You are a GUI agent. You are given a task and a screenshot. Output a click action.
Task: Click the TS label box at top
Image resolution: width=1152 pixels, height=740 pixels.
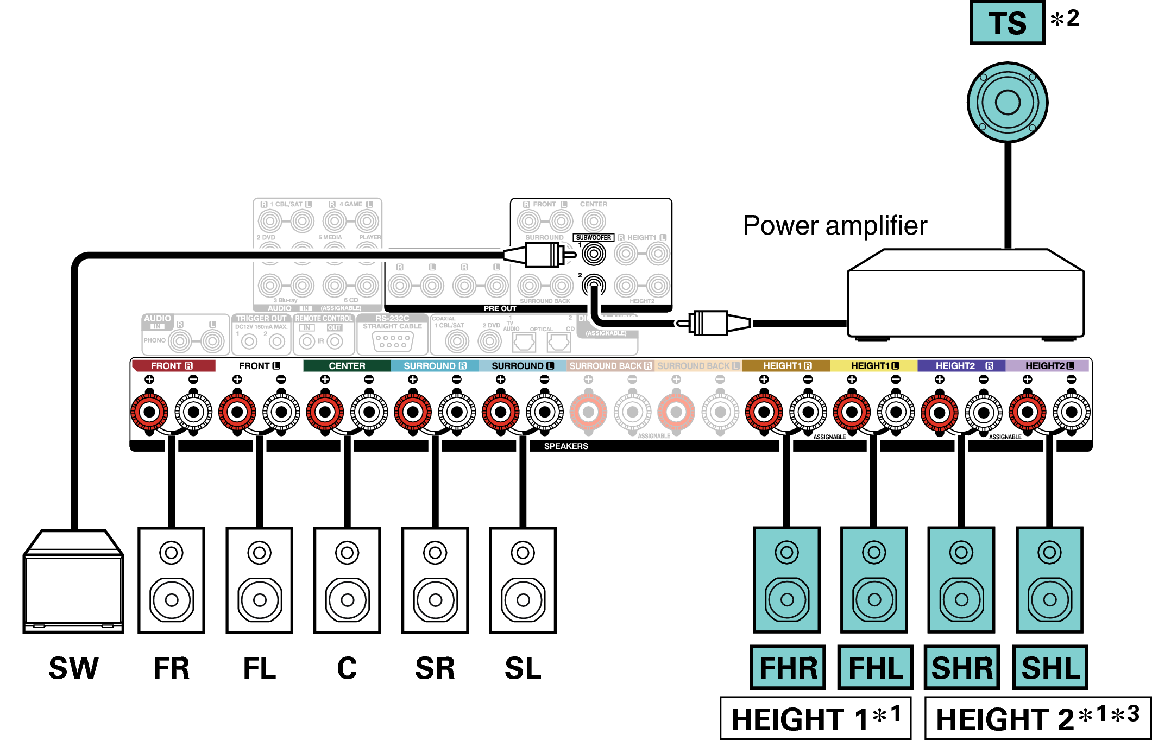[x=1007, y=23]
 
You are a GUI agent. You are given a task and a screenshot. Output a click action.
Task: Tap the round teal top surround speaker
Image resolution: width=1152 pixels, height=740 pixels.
[x=1008, y=103]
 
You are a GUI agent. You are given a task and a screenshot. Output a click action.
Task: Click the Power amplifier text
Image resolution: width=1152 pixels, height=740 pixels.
[x=835, y=225]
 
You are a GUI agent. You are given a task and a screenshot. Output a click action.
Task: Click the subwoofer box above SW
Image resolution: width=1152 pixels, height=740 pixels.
[x=73, y=581]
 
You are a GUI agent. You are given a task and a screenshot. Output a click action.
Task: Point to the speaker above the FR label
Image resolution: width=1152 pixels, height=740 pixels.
[x=171, y=580]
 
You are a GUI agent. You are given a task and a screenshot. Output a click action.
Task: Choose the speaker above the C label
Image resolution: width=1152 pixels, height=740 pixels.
[x=347, y=580]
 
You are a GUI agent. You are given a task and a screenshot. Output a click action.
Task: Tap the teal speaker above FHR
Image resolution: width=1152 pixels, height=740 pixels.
[x=786, y=580]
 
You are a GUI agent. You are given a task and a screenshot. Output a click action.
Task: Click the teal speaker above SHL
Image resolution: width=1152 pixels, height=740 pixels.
[x=1049, y=580]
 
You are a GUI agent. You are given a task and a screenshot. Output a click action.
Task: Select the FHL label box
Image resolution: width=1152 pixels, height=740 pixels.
[x=875, y=667]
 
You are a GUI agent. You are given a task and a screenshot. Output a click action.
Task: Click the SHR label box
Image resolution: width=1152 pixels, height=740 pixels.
[x=962, y=667]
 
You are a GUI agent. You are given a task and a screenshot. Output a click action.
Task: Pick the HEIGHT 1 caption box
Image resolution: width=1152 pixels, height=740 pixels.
[x=815, y=718]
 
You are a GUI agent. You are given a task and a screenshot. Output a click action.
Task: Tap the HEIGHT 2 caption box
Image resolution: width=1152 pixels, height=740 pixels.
[x=1037, y=718]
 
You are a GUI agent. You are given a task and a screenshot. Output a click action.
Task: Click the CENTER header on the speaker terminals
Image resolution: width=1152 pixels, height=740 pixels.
[x=347, y=366]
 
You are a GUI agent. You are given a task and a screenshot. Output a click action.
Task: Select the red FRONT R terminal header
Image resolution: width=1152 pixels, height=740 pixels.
[x=173, y=366]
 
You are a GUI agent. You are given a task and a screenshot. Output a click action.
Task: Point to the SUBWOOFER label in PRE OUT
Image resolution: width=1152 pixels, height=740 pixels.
[x=593, y=238]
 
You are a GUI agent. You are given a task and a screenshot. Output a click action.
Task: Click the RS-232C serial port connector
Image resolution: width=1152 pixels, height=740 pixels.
[x=393, y=341]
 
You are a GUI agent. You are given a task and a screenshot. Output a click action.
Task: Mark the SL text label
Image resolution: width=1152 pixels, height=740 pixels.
[x=523, y=668]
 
